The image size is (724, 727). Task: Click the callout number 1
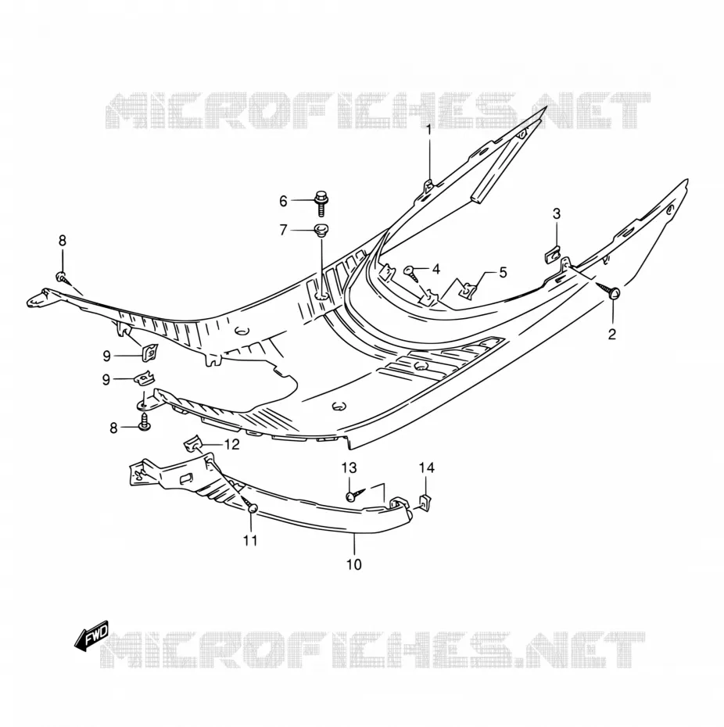tap(428, 129)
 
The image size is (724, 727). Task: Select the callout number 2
tap(611, 334)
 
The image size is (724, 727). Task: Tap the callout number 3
tap(557, 213)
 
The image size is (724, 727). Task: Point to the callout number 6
tap(283, 201)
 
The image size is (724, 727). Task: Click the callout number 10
tap(353, 564)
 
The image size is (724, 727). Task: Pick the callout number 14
tap(427, 467)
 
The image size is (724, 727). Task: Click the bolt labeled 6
tap(320, 202)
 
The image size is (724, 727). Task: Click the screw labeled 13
tap(357, 494)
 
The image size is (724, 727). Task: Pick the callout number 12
tap(232, 444)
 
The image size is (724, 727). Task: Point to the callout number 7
tap(283, 230)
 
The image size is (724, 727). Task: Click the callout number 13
tap(349, 467)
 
